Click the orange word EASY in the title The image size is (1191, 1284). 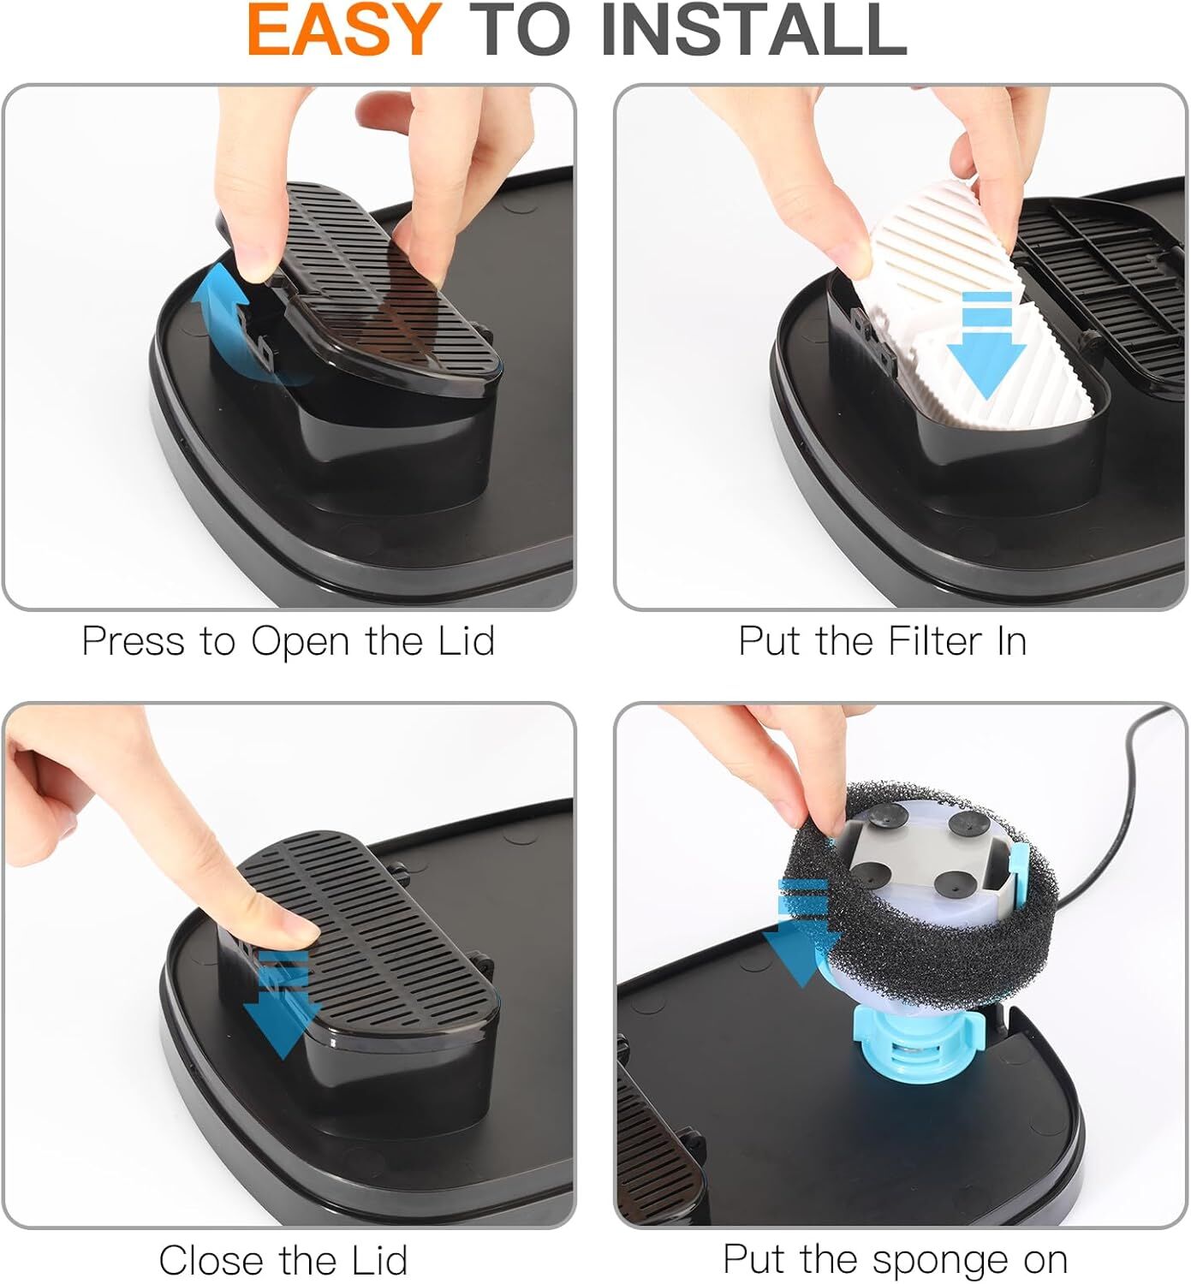(342, 31)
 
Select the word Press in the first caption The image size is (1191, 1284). (133, 641)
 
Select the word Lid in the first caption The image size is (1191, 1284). (467, 641)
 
